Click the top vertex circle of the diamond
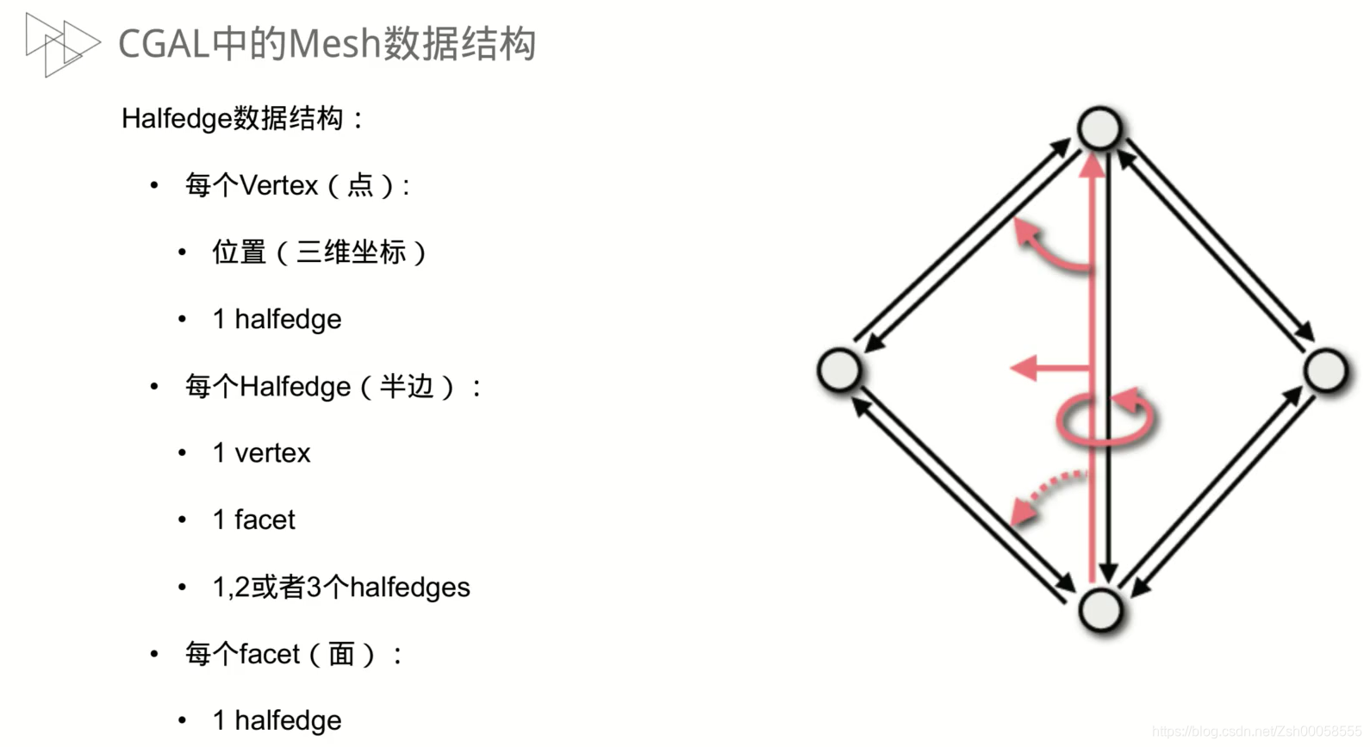1099,128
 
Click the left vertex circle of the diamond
839,370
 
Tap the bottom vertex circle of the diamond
1099,610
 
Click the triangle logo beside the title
61,44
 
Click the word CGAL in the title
164,44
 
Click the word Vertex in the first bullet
279,185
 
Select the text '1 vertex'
261,453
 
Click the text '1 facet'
253,520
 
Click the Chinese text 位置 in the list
240,252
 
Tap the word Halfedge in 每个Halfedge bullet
295,387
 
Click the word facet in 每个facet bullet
270,655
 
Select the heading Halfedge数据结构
233,118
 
